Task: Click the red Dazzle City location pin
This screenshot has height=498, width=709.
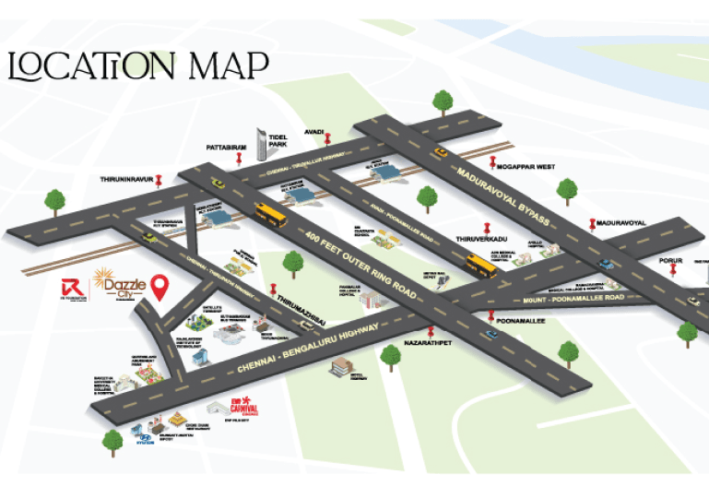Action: click(160, 287)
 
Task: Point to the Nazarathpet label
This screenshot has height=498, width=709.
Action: click(430, 341)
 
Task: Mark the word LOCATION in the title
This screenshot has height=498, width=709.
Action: click(90, 66)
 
